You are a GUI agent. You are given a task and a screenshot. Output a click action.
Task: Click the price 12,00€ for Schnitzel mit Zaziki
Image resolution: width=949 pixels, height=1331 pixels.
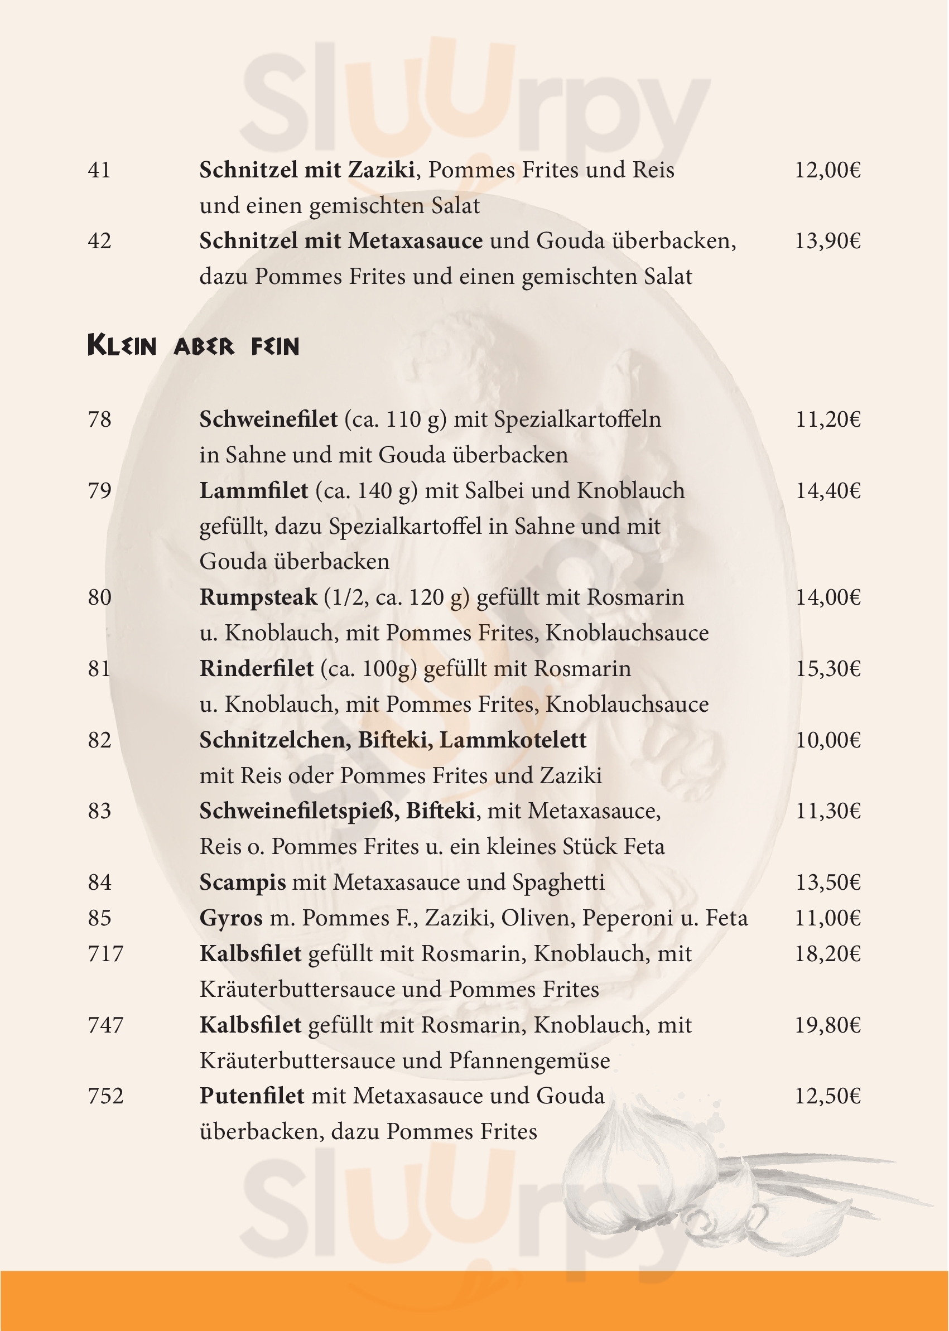click(827, 171)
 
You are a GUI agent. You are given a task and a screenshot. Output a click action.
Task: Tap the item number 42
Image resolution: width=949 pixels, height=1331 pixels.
click(99, 241)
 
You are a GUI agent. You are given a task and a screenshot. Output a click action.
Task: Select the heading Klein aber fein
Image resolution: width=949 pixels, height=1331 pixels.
click(193, 346)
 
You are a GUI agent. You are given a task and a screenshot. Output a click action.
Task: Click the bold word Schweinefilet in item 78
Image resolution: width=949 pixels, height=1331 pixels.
click(268, 419)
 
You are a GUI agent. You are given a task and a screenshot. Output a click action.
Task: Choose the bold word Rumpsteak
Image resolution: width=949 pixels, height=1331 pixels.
click(258, 597)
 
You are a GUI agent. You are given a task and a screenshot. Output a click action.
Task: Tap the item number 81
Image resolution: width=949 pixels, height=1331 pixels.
click(99, 668)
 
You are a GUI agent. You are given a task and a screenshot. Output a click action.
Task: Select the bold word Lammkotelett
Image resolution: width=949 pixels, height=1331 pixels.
click(513, 740)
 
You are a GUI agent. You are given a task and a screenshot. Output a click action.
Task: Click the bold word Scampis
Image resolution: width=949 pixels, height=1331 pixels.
click(243, 882)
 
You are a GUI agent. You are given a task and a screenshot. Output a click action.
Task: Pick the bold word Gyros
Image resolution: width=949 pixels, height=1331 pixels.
click(231, 918)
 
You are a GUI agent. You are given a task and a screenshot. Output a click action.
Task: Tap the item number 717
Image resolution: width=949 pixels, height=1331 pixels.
click(106, 953)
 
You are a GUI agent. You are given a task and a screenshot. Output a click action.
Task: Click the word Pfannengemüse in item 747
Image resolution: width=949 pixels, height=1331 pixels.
click(529, 1060)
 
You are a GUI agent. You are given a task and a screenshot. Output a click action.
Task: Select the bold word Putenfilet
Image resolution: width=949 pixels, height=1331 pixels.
click(252, 1096)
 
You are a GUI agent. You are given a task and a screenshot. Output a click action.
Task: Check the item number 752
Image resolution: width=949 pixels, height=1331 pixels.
click(106, 1096)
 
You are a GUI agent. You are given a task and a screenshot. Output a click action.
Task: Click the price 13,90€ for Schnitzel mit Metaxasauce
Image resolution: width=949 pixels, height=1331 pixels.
click(827, 241)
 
